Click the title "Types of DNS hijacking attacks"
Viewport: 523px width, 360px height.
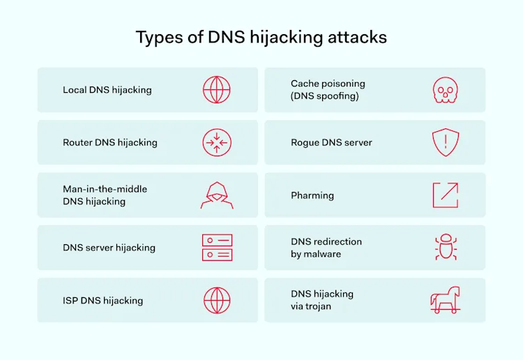click(261, 37)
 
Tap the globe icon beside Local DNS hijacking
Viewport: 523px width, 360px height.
click(216, 90)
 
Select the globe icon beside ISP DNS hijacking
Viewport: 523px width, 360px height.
click(216, 301)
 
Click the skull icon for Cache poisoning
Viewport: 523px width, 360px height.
click(445, 90)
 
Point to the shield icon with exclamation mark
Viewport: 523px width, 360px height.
click(445, 142)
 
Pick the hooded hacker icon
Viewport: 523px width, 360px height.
click(216, 195)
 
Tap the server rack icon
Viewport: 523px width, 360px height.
click(216, 248)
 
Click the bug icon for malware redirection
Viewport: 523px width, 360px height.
click(445, 248)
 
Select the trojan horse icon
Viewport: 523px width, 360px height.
click(445, 301)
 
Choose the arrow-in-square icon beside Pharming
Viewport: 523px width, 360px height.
click(445, 195)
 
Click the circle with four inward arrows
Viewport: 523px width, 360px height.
click(216, 142)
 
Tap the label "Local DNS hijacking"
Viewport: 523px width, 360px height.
click(107, 90)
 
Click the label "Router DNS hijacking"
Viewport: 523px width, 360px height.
click(110, 142)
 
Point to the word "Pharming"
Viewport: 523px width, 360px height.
click(312, 195)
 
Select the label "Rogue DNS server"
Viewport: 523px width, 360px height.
click(331, 142)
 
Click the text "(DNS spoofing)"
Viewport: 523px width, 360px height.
click(325, 96)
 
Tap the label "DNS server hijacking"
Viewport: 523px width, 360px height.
click(109, 248)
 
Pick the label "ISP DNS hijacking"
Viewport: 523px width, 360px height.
click(103, 301)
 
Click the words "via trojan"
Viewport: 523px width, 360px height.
click(311, 307)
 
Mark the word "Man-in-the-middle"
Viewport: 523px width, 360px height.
click(105, 189)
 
